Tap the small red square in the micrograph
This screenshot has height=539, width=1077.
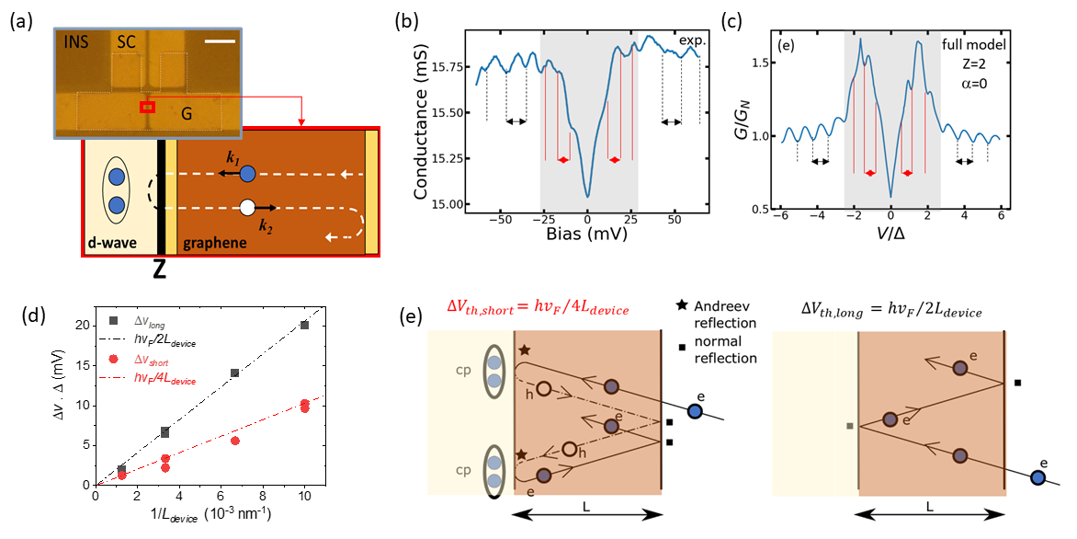click(147, 108)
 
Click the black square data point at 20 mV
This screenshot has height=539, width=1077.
click(304, 325)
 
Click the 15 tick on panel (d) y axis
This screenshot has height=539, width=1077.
click(82, 365)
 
